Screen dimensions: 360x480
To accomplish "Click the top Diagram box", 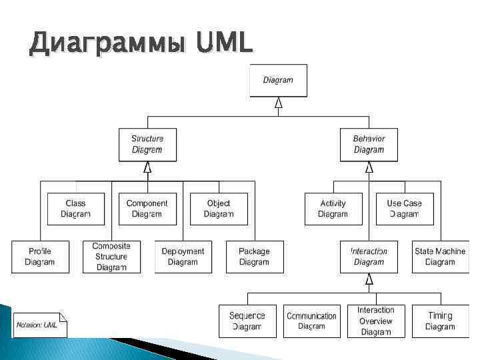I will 278,80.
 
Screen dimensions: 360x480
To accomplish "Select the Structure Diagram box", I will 147,145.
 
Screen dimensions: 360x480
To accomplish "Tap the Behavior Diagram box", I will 369,145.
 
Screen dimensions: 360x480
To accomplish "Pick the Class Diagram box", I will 75,209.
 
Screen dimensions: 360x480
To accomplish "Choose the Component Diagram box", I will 147,209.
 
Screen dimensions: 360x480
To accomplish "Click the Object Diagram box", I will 218,209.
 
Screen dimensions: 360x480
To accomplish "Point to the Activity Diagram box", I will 333,209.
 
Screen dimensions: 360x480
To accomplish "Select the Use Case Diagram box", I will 404,209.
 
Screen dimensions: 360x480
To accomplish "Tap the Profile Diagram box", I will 39,257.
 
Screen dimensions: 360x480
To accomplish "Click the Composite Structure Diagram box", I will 111,257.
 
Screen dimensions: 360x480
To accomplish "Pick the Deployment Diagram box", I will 183,257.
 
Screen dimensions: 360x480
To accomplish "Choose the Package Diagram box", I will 254,257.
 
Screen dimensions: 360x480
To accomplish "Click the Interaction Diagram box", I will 369,257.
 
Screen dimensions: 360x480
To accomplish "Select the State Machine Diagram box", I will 440,257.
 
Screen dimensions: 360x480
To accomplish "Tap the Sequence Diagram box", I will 247,321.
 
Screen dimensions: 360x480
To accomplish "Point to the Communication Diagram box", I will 311,321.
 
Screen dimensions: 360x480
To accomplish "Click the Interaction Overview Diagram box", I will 375,321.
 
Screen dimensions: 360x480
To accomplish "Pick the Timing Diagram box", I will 440,321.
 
